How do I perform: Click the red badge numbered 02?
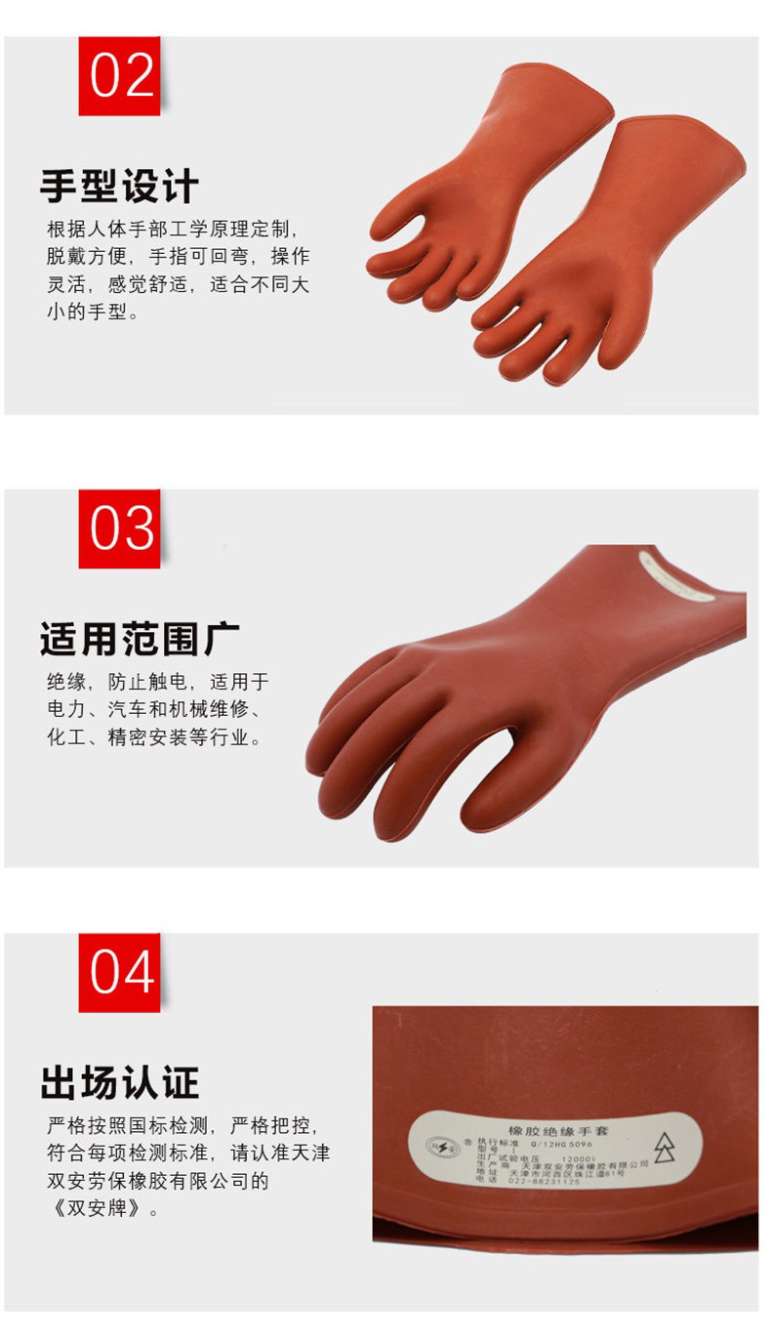119,76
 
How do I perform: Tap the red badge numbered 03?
119,528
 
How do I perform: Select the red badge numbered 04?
119,972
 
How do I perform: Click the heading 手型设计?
119,186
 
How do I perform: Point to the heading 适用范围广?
140,639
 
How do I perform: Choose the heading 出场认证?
119,1082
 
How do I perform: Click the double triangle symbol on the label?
664,1149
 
